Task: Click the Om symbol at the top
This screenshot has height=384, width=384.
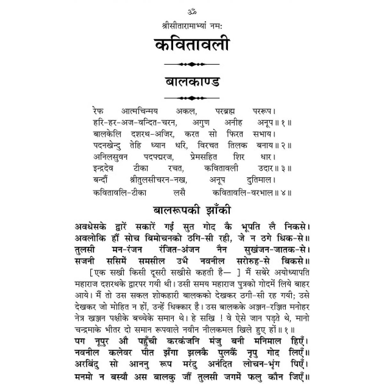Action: [192, 12]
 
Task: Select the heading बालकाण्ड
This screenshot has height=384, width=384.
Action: [192, 82]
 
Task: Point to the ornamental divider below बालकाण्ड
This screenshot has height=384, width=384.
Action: [192, 98]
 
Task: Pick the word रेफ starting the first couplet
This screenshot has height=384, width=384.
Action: [98, 112]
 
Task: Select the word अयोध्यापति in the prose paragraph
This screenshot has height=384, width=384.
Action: [292, 272]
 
